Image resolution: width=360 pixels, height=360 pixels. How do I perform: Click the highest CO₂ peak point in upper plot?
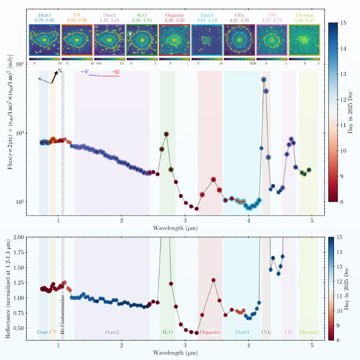click(x=264, y=79)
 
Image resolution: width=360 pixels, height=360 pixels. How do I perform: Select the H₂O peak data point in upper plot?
click(x=166, y=134)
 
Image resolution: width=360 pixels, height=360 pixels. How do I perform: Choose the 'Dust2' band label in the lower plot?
click(x=112, y=333)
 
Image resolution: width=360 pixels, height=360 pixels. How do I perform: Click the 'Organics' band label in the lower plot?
click(x=210, y=333)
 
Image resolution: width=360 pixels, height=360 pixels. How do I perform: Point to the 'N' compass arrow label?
click(x=60, y=71)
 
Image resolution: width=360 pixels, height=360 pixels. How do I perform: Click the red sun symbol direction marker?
click(x=115, y=73)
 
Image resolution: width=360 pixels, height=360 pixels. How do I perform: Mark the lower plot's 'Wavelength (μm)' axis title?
click(x=178, y=353)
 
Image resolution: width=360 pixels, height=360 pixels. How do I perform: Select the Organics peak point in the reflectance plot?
click(x=214, y=280)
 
